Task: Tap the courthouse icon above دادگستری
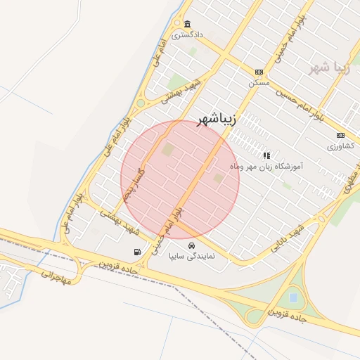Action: pos(187,24)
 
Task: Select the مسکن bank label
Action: pos(259,82)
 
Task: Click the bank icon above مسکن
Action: pos(259,72)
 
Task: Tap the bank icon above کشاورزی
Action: pos(341,136)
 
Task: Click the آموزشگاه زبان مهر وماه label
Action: pos(266,167)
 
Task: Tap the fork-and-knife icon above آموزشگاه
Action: pos(266,155)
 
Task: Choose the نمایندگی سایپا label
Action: pos(195,257)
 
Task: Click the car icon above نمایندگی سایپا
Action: pos(192,246)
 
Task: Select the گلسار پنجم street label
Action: pos(134,184)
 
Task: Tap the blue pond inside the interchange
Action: pos(292,298)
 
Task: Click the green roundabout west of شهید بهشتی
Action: pos(140,103)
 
